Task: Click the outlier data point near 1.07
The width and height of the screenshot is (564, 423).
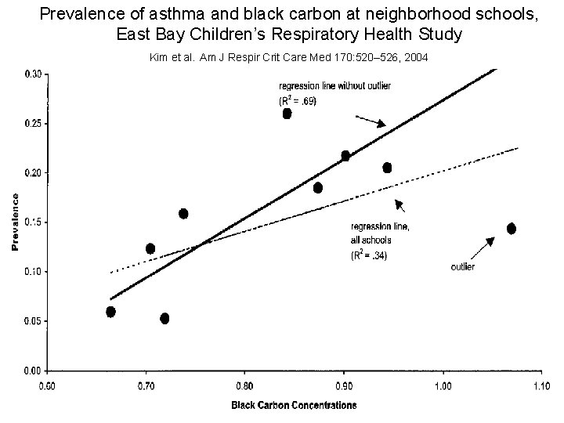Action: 511,228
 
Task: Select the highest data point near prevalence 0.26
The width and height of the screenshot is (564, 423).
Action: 287,114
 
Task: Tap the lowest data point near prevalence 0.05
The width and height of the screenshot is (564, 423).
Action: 164,318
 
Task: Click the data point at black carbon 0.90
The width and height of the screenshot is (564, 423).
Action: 345,156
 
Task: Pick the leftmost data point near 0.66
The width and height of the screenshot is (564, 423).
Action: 110,312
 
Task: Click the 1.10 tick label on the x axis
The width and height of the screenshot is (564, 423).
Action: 541,385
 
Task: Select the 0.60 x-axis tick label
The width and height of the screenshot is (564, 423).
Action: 47,385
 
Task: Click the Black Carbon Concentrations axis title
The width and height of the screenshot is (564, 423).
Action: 293,406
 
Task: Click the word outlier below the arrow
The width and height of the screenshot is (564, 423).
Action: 462,267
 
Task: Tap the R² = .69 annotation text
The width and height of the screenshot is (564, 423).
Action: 299,101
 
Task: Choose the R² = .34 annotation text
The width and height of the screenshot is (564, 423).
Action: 371,255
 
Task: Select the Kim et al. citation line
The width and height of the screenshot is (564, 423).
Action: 287,58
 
